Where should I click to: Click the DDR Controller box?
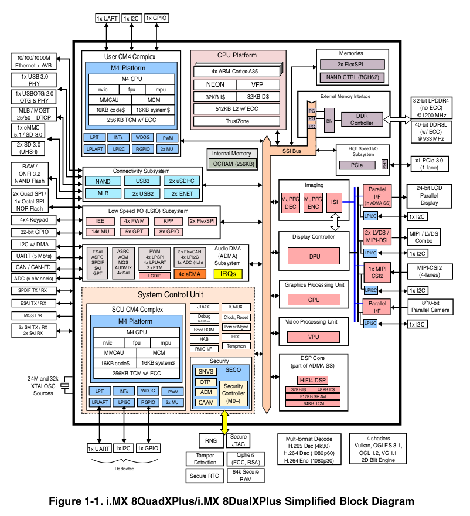[362, 119]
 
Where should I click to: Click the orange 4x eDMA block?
[190, 274]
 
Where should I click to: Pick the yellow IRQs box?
[228, 274]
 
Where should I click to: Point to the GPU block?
[312, 300]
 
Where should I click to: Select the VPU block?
[312, 337]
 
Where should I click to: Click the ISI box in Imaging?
[333, 202]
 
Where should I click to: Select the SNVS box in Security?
[206, 371]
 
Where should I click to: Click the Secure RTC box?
[205, 476]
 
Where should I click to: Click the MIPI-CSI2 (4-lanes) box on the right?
[432, 271]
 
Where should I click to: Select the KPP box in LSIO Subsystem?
[168, 221]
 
